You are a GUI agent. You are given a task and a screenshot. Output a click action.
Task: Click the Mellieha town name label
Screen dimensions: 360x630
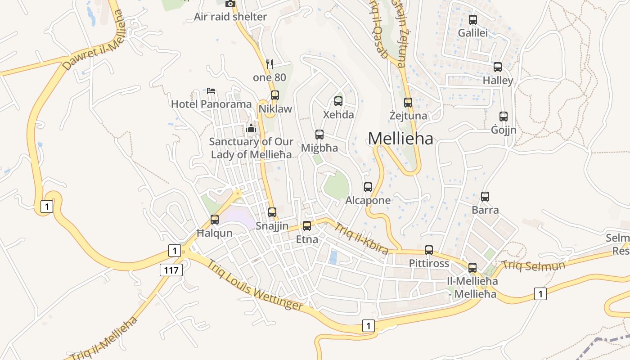[x=400, y=139]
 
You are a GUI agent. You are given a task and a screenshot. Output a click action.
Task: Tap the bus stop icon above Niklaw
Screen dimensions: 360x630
[x=274, y=95]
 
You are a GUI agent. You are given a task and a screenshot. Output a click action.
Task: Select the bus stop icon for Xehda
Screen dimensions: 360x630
[x=338, y=101]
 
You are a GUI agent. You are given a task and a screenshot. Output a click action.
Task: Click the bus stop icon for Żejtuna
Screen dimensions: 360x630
[x=408, y=103]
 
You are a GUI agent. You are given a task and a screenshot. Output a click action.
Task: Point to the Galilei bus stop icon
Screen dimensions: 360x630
[x=473, y=20]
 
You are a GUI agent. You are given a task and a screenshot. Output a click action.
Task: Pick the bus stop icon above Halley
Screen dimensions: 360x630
[x=498, y=67]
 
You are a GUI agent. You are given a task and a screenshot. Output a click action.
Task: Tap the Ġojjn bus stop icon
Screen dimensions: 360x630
[x=504, y=117]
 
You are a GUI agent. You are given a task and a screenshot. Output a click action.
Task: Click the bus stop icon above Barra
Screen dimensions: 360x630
[x=485, y=197]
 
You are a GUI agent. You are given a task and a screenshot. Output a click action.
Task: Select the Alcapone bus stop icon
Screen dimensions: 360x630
[x=368, y=187]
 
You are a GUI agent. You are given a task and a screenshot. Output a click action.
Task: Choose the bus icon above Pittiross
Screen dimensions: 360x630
[x=429, y=250]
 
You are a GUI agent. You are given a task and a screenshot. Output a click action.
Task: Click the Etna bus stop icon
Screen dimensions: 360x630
[x=307, y=226]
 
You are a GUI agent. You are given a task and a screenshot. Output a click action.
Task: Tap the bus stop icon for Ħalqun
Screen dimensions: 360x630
[x=215, y=220]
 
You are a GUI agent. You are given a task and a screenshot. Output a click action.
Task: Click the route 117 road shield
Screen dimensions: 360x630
[x=171, y=270]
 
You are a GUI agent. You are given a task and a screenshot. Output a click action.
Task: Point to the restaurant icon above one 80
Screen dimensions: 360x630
[x=270, y=64]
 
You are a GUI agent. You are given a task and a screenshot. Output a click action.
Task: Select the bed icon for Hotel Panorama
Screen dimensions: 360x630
[x=211, y=90]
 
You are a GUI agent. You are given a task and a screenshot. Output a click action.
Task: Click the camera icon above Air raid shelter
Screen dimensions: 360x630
[x=230, y=4]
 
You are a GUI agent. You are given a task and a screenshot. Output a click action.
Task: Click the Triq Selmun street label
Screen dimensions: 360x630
[x=533, y=265]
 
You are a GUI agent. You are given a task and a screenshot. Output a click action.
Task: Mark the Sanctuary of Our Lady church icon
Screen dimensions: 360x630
[x=251, y=128]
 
